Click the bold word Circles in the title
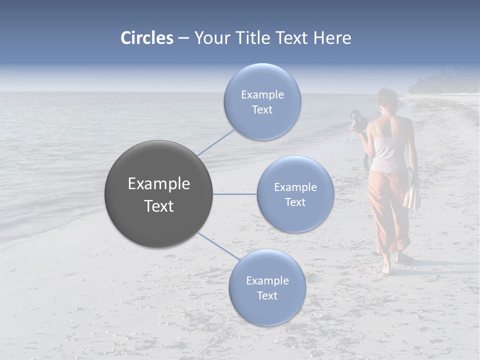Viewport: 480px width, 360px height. (146, 38)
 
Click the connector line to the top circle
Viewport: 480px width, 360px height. (216, 142)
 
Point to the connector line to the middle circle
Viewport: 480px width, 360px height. (234, 194)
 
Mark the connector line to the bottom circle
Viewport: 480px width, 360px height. (218, 246)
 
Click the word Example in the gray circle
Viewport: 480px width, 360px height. (158, 184)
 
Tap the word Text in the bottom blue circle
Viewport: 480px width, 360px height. (267, 295)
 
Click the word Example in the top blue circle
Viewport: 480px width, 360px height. (262, 95)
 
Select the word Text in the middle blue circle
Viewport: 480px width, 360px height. (295, 202)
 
